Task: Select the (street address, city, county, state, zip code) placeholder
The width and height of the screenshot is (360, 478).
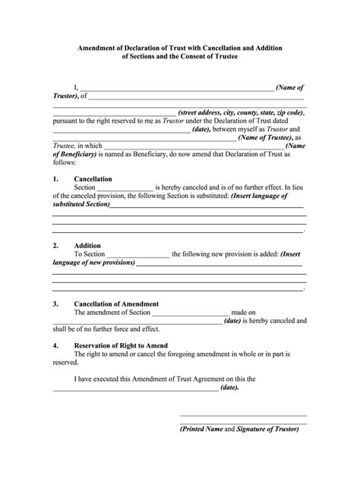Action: (x=241, y=112)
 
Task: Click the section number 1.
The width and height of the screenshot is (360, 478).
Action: (x=55, y=179)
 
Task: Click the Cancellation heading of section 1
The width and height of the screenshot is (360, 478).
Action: (x=93, y=179)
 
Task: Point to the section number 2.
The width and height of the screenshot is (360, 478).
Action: (x=55, y=246)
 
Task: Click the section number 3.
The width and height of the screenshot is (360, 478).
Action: (x=55, y=303)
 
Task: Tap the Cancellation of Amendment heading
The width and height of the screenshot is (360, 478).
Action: (x=116, y=303)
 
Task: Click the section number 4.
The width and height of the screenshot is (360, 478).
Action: (x=55, y=345)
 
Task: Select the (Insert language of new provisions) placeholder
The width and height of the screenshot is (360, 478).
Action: (x=94, y=263)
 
